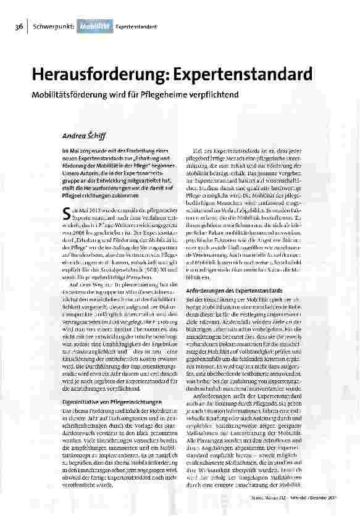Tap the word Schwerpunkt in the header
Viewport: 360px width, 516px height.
tap(54, 28)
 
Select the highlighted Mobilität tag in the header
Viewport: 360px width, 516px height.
tap(94, 28)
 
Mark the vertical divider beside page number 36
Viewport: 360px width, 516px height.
tap(27, 28)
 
